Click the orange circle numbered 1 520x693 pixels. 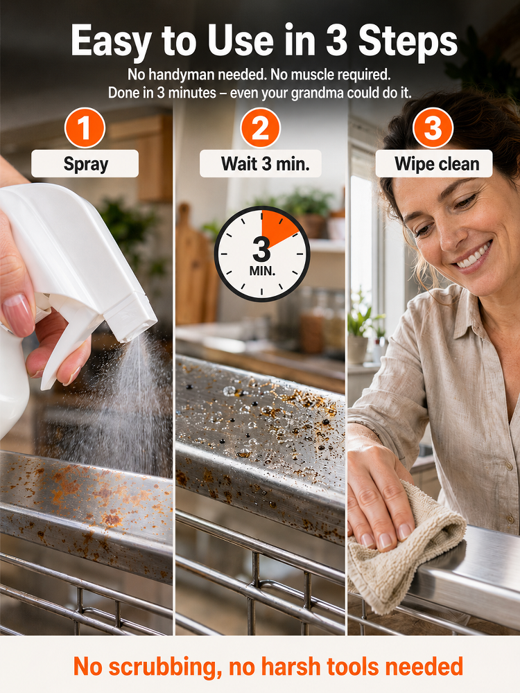85,128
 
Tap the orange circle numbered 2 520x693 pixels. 261,128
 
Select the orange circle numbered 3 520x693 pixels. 433,128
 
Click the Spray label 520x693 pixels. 85,164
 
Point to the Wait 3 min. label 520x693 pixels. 261,164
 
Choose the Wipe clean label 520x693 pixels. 434,164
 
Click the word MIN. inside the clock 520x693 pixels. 262,271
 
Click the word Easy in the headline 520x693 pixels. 111,41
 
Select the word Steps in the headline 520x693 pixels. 408,41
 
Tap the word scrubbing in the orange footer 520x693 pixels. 165,667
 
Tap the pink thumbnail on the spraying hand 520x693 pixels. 19,315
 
